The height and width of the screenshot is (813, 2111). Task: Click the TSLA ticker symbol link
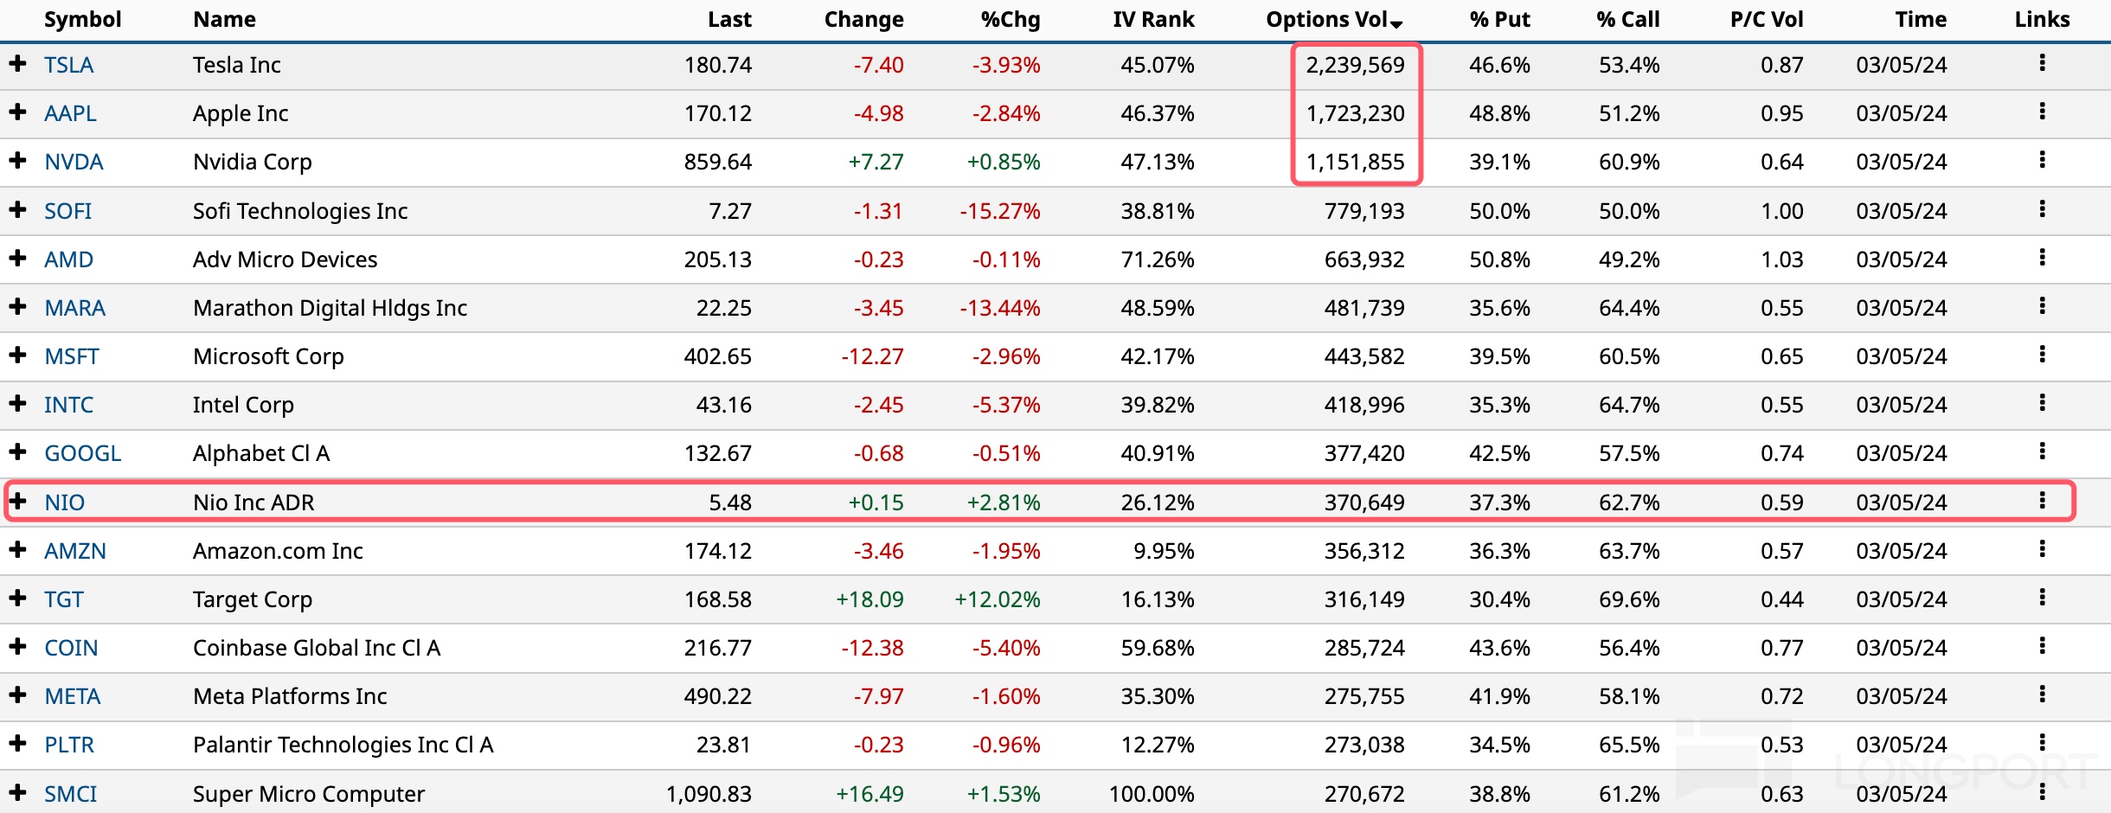(x=68, y=65)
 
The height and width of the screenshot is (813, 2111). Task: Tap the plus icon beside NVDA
(x=17, y=161)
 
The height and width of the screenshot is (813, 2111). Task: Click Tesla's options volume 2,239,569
(x=1355, y=65)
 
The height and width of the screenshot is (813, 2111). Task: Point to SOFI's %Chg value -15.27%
(x=999, y=211)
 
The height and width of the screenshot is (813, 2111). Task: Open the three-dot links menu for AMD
(x=2042, y=258)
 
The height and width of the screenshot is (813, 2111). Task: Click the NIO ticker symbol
(x=64, y=503)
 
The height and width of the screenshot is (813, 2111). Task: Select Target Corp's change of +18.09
(x=869, y=599)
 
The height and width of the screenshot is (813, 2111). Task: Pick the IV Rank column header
(x=1152, y=19)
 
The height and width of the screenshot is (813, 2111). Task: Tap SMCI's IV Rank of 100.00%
(x=1151, y=794)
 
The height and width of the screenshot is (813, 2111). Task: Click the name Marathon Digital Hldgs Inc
(x=330, y=308)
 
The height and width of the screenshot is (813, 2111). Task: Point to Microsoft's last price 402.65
(x=717, y=356)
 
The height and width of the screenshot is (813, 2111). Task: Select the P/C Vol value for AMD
(x=1781, y=259)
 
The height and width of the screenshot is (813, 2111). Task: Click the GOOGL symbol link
(x=82, y=453)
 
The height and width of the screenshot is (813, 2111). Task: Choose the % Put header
(x=1498, y=19)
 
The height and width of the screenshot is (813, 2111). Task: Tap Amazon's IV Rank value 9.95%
(x=1163, y=551)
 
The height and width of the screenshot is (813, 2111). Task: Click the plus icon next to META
(x=17, y=695)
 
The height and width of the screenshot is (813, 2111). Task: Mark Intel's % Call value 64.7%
(x=1628, y=405)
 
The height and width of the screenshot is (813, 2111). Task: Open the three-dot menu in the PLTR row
(x=2042, y=743)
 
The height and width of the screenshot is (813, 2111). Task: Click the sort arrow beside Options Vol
(x=1396, y=23)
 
